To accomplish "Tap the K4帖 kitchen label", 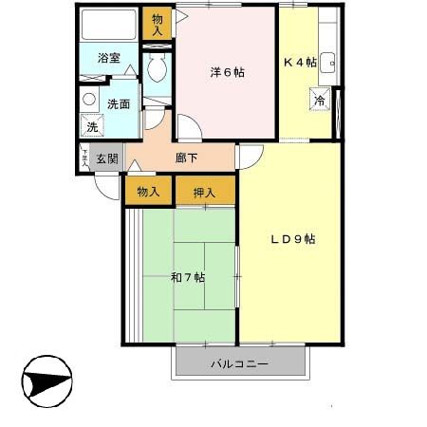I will (300, 64).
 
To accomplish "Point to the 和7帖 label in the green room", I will (188, 277).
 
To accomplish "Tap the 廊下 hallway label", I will (187, 158).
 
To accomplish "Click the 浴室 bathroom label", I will (109, 59).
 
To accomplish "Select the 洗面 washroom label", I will (118, 104).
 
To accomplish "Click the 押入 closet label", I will (205, 193).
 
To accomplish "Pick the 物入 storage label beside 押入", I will (148, 193).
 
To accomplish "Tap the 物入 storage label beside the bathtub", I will (158, 23).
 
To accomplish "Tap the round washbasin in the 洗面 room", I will (88, 99).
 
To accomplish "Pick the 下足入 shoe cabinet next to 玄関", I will (84, 159).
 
